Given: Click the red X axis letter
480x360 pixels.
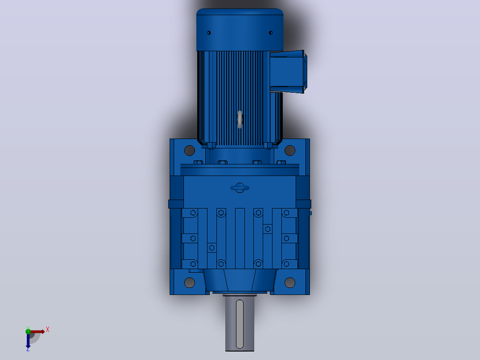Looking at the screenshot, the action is click(x=48, y=330).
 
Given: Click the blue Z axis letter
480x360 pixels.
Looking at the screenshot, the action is click(x=28, y=349).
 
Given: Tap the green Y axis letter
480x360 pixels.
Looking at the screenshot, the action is click(x=28, y=328).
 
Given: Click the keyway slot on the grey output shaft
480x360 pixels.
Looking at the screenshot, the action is click(x=240, y=324).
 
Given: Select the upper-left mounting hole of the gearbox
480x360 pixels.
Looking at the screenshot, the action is click(x=190, y=151).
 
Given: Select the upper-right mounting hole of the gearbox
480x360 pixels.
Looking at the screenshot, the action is click(x=289, y=151).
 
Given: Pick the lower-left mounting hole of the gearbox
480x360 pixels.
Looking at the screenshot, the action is click(x=190, y=282).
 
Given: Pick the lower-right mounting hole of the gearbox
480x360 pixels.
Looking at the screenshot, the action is click(x=289, y=282).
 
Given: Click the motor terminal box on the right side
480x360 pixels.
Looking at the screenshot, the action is click(x=288, y=72).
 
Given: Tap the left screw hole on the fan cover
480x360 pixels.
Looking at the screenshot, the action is click(x=209, y=33).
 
